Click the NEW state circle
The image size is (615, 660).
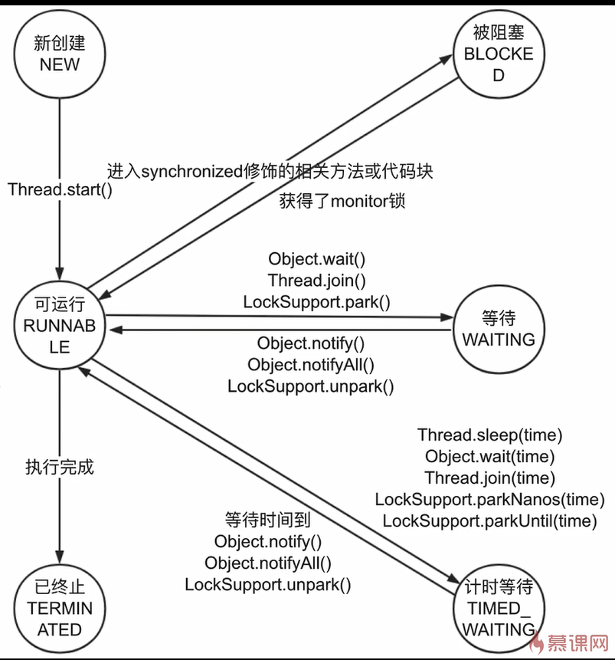60,53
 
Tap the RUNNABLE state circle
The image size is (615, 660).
60,325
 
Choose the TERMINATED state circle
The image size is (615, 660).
60,609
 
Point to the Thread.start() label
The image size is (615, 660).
60,189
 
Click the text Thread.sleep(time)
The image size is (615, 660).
490,435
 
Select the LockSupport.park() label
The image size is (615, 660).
316,301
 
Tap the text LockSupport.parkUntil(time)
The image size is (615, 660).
489,521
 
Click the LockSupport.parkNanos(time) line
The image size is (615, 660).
489,500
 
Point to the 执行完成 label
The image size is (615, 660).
60,467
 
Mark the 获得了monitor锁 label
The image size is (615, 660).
342,202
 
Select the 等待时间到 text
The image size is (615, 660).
267,520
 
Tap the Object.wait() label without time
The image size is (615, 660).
316,259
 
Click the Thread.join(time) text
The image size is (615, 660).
489,478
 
